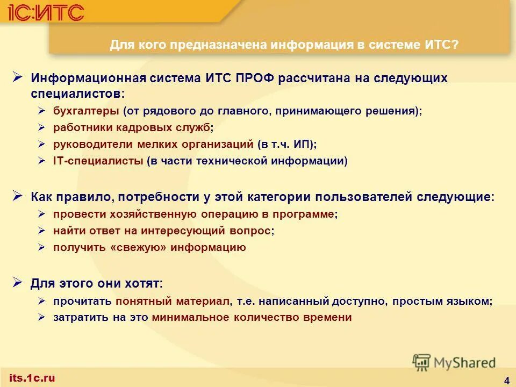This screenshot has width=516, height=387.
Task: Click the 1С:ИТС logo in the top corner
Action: click(46, 11)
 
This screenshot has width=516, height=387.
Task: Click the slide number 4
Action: click(507, 381)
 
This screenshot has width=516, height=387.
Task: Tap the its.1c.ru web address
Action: click(32, 378)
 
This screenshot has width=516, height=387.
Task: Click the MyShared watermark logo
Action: click(454, 362)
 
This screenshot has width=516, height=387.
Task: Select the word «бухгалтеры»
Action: click(86, 111)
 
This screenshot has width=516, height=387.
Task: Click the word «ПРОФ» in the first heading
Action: click(254, 78)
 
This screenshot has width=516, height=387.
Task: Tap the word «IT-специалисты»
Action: click(98, 161)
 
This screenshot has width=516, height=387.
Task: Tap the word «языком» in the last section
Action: click(471, 301)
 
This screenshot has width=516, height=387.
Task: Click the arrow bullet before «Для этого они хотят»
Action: click(17, 282)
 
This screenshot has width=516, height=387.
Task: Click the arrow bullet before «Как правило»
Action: click(17, 196)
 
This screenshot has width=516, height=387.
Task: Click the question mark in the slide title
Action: click(455, 45)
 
